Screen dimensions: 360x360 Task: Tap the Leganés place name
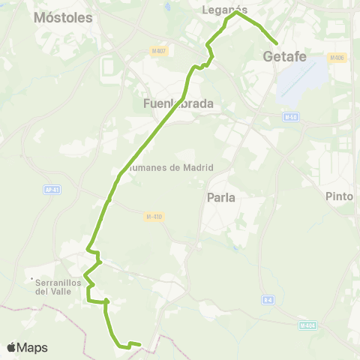(x=226, y=9)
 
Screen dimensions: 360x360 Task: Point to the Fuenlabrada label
(x=178, y=103)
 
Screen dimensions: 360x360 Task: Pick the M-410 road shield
(x=154, y=217)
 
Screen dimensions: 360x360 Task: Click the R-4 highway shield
(x=268, y=301)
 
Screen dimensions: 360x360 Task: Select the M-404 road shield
(x=307, y=325)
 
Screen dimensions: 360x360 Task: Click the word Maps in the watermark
(x=34, y=348)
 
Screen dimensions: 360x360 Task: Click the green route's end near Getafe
(x=277, y=43)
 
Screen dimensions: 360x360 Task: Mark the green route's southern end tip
(x=139, y=345)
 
